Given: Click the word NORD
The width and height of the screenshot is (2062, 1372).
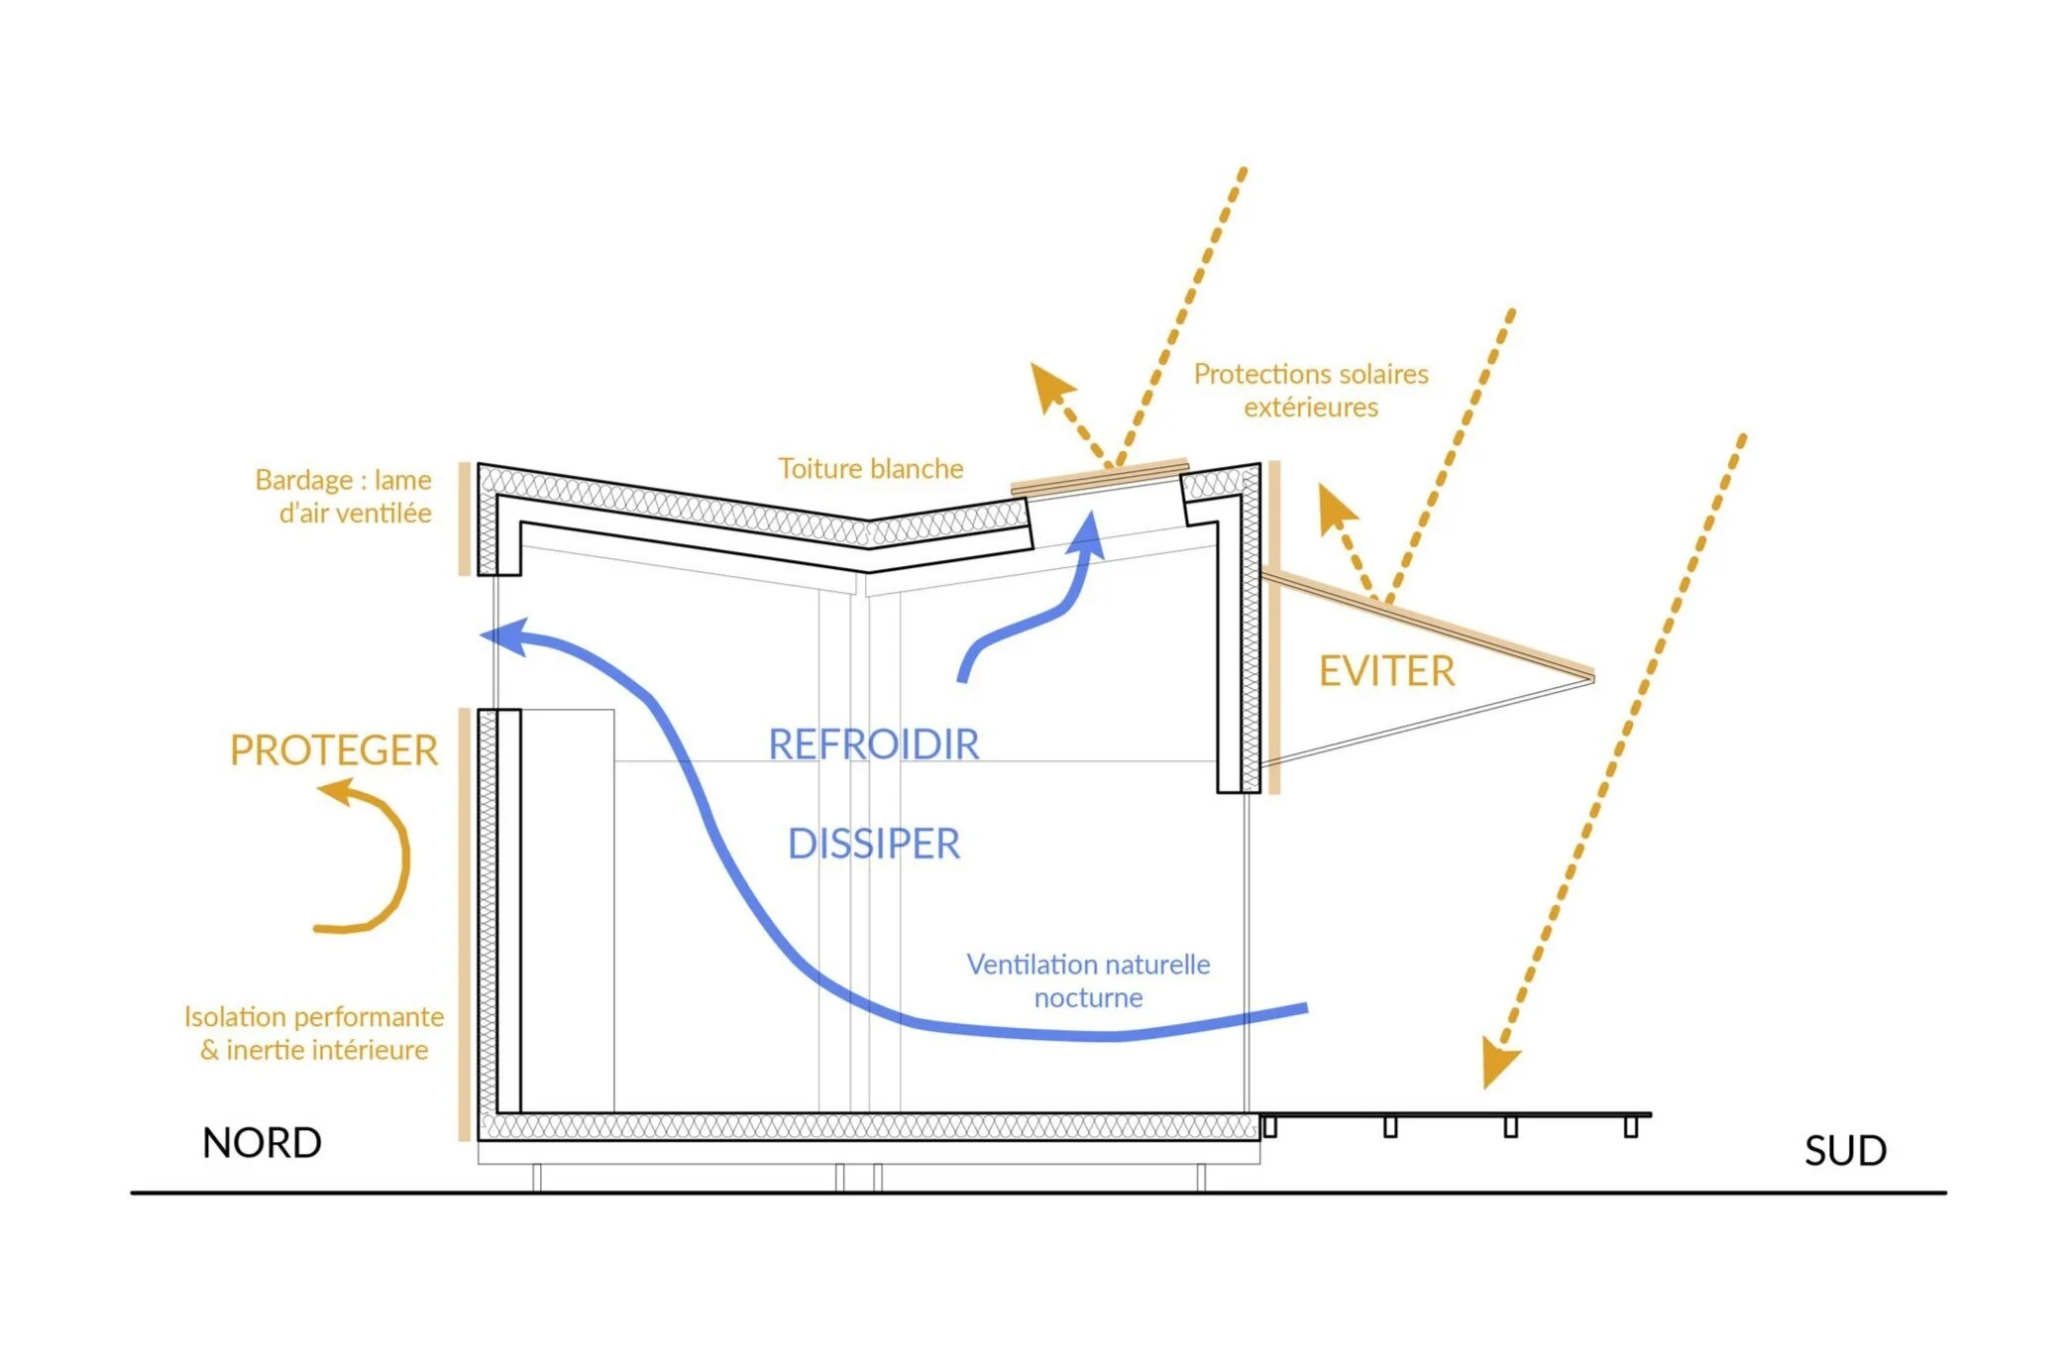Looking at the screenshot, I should coord(262,1143).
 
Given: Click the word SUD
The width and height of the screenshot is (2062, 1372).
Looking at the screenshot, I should coord(1845,1151).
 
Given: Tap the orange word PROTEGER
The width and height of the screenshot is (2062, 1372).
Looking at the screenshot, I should coord(334,750).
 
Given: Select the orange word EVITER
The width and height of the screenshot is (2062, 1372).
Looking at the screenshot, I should coord(1386,671).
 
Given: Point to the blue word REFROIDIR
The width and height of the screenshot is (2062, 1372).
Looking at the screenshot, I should coord(873,744).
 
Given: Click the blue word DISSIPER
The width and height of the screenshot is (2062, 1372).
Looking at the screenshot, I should coord(873,844).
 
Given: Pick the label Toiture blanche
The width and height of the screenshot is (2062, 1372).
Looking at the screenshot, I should coord(870,468).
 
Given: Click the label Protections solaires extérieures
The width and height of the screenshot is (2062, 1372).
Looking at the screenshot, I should coord(1310,390).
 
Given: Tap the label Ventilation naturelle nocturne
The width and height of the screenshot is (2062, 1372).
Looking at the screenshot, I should coord(1088,980).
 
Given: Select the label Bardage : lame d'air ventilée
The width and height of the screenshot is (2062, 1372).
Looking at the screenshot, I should coord(344,496).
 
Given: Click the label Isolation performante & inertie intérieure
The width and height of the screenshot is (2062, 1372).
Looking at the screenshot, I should coord(314,1033).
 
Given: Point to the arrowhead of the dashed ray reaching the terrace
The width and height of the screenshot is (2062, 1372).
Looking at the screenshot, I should coord(1498,1064).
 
